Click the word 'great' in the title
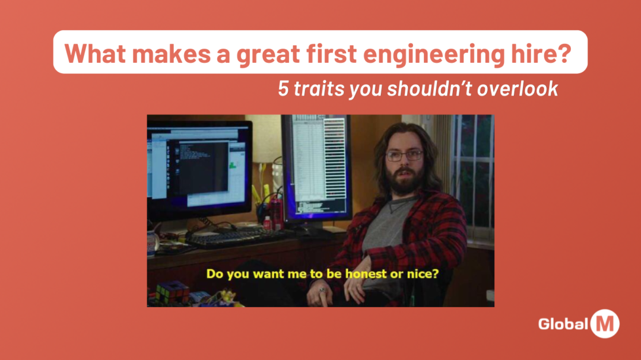click(x=264, y=54)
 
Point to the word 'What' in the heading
click(x=95, y=54)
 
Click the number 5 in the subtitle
click(x=284, y=89)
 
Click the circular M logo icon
click(x=604, y=324)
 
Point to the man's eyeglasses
click(x=404, y=155)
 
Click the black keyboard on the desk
click(x=237, y=237)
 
